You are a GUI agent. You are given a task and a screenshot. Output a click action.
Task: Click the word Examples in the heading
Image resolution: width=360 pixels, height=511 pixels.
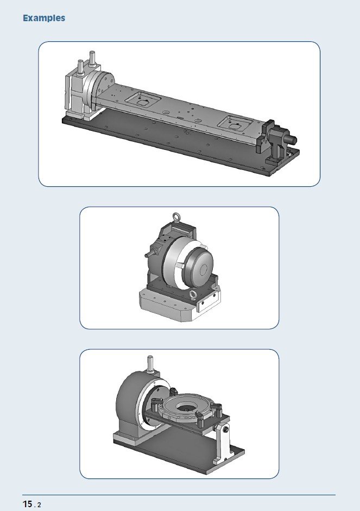click(x=44, y=18)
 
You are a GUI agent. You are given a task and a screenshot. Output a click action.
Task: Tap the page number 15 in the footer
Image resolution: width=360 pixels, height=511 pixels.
click(x=27, y=504)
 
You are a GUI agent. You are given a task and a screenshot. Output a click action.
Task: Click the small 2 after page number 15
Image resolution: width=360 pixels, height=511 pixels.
click(x=40, y=505)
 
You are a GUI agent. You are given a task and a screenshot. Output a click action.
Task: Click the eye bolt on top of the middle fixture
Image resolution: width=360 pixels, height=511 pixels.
click(x=176, y=217)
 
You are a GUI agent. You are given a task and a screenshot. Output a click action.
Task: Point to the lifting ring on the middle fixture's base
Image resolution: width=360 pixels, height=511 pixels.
click(x=193, y=295)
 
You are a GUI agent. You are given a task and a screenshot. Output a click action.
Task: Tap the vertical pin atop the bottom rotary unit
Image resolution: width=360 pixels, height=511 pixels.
click(x=150, y=363)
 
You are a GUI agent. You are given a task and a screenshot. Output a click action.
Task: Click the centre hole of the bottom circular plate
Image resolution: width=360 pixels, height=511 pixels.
click(x=187, y=406)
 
